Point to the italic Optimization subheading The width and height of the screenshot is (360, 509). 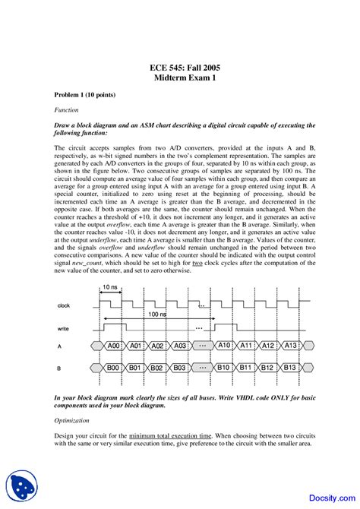(x=72, y=420)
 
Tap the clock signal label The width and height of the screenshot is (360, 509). (x=64, y=305)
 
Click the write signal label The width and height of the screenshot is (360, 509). (x=63, y=328)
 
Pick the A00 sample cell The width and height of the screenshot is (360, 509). (x=113, y=346)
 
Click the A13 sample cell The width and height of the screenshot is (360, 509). (x=289, y=346)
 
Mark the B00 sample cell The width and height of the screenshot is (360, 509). (x=113, y=368)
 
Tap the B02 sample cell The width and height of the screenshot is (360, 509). (x=157, y=368)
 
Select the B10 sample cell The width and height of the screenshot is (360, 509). (x=223, y=368)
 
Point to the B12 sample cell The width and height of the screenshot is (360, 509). (x=267, y=368)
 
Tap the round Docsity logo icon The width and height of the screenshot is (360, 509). (x=21, y=485)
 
